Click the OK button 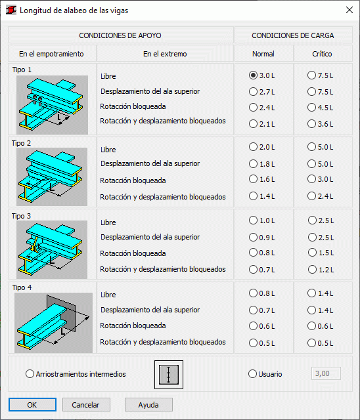point(32,404)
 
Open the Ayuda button point(148,404)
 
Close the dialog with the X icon point(349,10)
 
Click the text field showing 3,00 point(326,373)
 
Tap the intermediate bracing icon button point(169,375)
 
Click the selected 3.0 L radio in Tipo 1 point(253,75)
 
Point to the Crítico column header point(322,54)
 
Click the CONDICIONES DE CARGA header point(293,35)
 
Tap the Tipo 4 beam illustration point(53,322)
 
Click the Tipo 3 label point(21,216)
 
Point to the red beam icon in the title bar point(11,10)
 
